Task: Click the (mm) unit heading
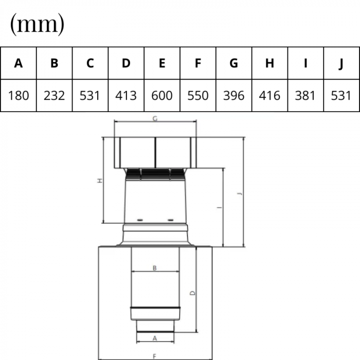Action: coord(37,25)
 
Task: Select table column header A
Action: coord(19,63)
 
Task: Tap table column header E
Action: coord(162,63)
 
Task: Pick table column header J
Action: coord(341,63)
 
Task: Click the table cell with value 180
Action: coord(19,95)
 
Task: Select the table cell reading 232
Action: coord(54,95)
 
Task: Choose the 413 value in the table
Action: coord(126,95)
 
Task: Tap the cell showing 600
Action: coord(162,95)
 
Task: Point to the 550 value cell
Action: coord(198,95)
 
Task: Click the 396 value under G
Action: coord(234,95)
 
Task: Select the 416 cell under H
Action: coord(269,95)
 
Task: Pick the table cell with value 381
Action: coord(305,95)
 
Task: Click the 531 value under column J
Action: coord(341,95)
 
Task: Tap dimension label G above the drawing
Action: coord(155,118)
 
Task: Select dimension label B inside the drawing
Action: coord(155,268)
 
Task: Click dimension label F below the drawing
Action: coord(155,356)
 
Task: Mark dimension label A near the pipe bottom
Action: coord(155,338)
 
